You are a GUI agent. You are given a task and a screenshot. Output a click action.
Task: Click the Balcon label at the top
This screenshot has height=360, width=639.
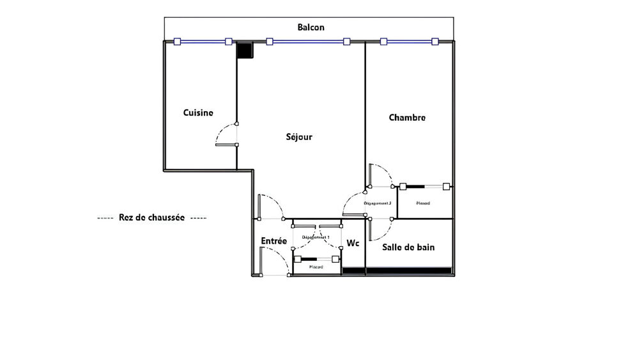(311, 27)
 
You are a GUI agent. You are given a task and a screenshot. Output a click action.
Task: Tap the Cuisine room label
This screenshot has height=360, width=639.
(198, 113)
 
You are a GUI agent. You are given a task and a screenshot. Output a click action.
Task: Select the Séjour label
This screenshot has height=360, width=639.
(299, 137)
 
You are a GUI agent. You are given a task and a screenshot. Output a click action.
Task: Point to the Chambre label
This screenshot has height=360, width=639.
(407, 118)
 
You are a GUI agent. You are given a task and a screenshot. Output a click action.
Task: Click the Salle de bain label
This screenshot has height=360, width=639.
(408, 247)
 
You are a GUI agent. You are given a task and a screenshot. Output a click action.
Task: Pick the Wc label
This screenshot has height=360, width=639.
(353, 244)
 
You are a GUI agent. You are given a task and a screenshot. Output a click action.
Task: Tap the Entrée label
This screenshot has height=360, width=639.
(273, 241)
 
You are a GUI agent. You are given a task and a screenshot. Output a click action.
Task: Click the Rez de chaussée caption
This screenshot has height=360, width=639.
(152, 217)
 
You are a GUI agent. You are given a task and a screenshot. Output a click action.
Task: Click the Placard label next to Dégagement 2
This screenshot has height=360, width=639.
(423, 203)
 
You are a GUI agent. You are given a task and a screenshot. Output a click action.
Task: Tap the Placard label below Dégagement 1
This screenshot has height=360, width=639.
(316, 267)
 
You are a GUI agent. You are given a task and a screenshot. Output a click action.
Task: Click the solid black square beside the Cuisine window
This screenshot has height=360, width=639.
(245, 50)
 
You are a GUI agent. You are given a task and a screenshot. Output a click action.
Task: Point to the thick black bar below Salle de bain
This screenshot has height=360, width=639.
(398, 272)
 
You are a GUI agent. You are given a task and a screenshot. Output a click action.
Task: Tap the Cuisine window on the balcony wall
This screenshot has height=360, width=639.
(203, 42)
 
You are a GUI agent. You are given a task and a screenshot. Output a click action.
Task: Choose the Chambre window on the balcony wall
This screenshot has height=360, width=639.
(409, 42)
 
